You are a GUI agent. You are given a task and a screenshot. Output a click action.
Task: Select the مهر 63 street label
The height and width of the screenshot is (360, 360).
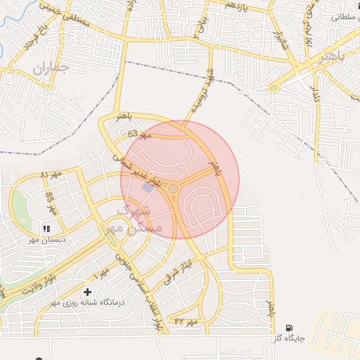(140, 134)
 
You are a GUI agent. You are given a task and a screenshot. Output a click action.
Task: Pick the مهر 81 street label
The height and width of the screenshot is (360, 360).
(51, 174)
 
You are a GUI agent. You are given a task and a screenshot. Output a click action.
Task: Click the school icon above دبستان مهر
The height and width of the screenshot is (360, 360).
(46, 228)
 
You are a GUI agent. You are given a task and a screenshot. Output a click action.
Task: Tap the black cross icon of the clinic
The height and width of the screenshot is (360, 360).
(87, 292)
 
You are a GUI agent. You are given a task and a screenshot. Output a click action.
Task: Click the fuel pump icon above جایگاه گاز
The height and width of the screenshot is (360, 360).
(289, 328)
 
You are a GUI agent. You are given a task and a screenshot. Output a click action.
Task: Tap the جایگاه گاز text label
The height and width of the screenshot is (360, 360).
(289, 339)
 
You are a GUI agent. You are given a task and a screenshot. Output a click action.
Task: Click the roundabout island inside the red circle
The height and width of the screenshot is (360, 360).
(173, 188)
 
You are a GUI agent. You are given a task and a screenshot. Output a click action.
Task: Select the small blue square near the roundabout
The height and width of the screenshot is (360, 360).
(147, 188)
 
